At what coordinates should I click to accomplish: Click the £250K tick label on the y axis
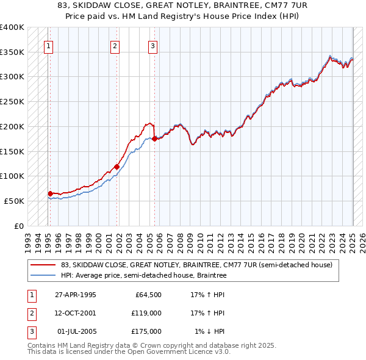tap(12, 101)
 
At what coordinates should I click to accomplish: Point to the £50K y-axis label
tap(14, 201)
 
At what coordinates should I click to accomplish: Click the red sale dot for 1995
tap(50, 193)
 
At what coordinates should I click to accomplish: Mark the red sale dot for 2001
tap(117, 167)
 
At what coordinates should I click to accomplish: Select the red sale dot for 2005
tap(154, 139)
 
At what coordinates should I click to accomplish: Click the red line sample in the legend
tap(43, 265)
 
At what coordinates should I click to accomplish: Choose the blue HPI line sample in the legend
tap(43, 276)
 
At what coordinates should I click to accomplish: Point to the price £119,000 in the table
tap(146, 313)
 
